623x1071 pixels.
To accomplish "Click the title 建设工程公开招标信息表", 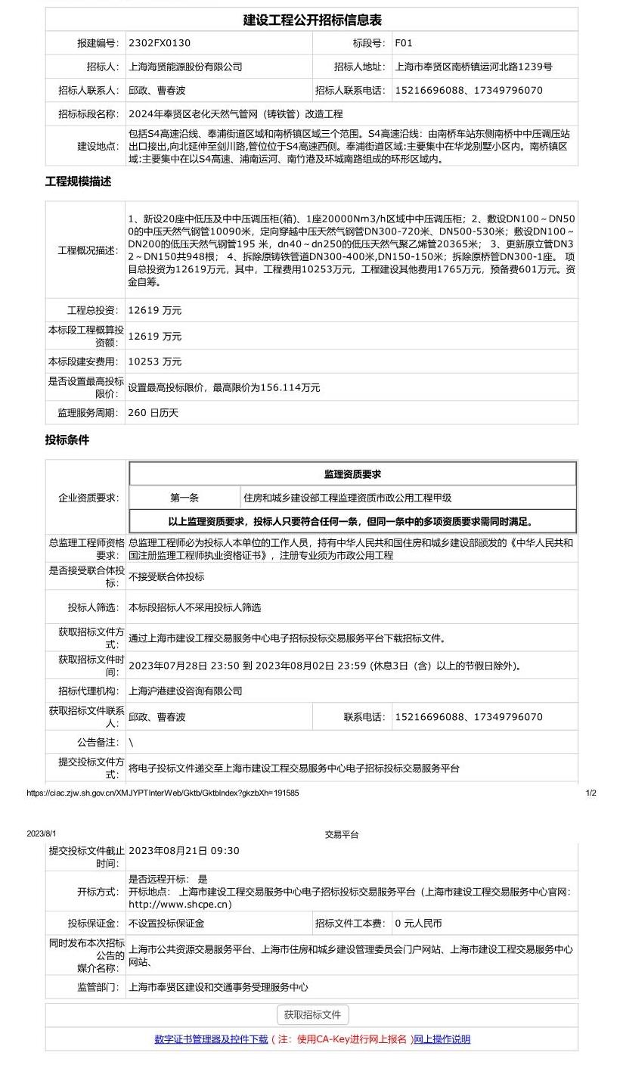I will (x=311, y=20).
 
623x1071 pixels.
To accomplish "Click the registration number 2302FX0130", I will (x=160, y=43).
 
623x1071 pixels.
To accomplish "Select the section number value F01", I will (x=404, y=43).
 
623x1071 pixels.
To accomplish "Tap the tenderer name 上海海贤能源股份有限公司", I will (x=185, y=67).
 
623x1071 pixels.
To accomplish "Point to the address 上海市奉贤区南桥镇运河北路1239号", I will (x=473, y=67).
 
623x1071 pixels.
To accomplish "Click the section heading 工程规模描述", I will (x=78, y=182).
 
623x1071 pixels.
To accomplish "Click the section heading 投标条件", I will (x=67, y=439).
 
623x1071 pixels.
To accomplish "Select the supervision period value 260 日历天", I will (x=153, y=413).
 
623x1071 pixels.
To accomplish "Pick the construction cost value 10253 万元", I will (x=155, y=362).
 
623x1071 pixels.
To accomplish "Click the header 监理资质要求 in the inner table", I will (x=352, y=474).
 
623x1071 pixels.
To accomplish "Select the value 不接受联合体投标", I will (x=166, y=577).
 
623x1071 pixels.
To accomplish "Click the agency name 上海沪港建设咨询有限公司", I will (x=185, y=691).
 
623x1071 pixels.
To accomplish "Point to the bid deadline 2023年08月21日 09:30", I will (x=184, y=851).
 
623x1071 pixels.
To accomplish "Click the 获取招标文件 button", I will (x=312, y=1015).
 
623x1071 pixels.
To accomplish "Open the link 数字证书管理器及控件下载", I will (x=211, y=1039).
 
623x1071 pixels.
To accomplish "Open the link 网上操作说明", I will (x=442, y=1039).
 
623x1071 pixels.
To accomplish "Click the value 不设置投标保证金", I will (x=166, y=924).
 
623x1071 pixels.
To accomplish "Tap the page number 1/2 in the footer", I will (x=590, y=793).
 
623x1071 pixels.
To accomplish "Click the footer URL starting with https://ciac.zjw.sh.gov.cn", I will (x=163, y=793).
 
